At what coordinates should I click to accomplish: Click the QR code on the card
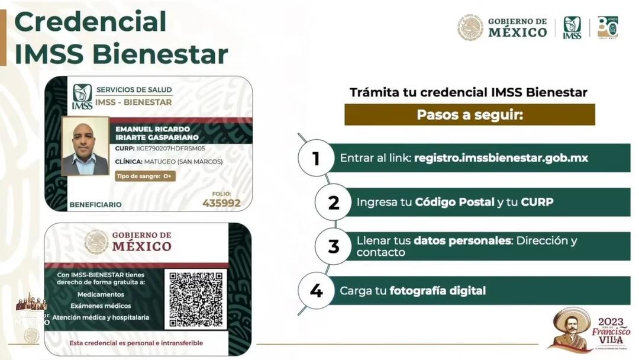(x=196, y=299)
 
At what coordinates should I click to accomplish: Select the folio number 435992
(x=221, y=203)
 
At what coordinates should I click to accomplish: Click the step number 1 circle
(x=316, y=158)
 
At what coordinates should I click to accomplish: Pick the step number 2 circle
(x=334, y=202)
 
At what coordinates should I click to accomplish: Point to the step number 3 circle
(x=334, y=246)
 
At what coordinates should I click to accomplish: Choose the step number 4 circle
(x=316, y=291)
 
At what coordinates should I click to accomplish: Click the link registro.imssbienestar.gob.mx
(x=501, y=158)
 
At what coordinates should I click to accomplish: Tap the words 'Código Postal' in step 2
(x=454, y=202)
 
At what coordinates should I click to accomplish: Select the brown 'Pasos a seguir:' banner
(x=469, y=114)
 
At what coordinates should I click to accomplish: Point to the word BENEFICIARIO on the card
(x=95, y=204)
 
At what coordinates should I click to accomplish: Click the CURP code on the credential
(x=160, y=149)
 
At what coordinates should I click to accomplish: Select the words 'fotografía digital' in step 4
(x=437, y=291)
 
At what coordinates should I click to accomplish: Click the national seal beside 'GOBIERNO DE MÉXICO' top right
(x=470, y=28)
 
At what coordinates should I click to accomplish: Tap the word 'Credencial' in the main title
(x=91, y=21)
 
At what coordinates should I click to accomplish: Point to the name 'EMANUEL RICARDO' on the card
(x=153, y=128)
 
